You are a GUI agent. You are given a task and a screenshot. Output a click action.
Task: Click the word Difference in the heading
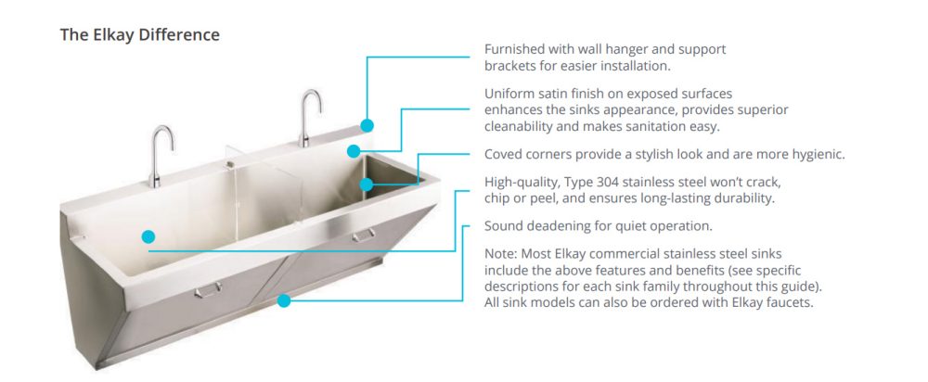coord(179,35)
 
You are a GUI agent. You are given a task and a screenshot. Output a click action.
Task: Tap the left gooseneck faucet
coord(159,156)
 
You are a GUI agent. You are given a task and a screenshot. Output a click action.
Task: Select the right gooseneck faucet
coord(308,118)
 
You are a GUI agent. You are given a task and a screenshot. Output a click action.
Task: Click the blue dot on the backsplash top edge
coord(367,125)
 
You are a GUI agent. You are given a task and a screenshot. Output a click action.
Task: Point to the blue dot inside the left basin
coord(148,236)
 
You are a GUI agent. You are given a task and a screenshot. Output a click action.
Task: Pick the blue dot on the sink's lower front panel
coord(284,300)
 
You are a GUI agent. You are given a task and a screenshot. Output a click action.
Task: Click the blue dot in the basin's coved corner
coord(367,185)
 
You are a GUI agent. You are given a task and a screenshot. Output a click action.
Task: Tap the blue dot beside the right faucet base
coord(354,151)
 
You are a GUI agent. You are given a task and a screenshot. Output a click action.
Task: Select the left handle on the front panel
coord(208,290)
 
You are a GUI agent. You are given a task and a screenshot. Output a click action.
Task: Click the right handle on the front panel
coord(364,236)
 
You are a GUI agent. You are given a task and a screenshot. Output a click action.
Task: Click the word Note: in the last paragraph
coord(501,254)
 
